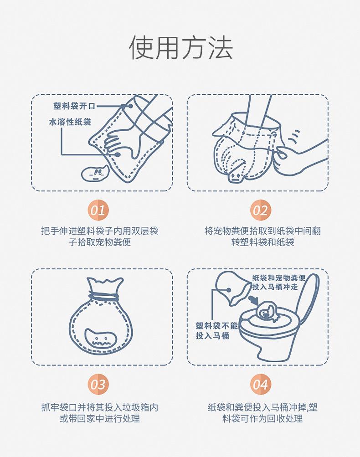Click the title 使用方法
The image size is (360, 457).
click(181, 48)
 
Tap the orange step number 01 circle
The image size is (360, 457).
click(98, 210)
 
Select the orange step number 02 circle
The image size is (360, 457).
click(261, 210)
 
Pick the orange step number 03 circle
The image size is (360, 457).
click(98, 385)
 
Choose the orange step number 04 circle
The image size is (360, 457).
click(261, 385)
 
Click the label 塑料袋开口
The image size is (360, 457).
click(74, 106)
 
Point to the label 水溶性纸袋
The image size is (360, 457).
click(70, 122)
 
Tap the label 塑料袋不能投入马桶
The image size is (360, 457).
click(216, 331)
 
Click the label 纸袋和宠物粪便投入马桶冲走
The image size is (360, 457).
click(279, 282)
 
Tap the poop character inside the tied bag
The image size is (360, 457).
click(101, 338)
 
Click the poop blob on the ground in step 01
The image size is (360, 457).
click(95, 173)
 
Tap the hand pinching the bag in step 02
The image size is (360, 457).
click(300, 157)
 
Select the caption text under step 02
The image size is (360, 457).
click(262, 236)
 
